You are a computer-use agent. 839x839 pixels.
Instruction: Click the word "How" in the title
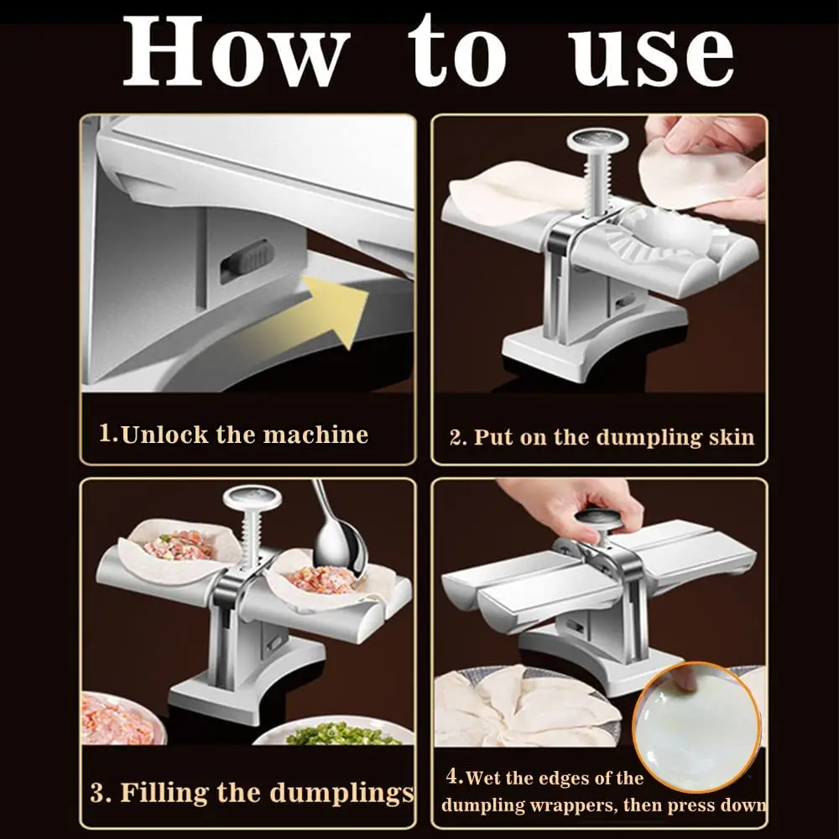pos(236,53)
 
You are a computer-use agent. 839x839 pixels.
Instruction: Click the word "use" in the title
pos(651,53)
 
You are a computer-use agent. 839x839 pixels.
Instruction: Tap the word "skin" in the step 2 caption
pos(730,437)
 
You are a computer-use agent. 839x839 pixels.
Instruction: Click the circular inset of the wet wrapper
pos(696,727)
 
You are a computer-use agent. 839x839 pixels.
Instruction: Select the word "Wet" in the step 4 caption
pos(482,778)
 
